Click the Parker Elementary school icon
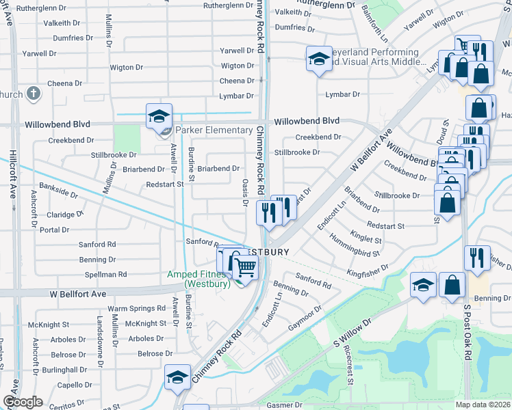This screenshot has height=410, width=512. tap(159, 117)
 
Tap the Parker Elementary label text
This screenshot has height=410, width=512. tap(214, 131)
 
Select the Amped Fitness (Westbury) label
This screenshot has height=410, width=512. tap(199, 279)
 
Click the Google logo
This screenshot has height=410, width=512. tap(23, 402)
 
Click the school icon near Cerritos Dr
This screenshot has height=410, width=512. tap(177, 378)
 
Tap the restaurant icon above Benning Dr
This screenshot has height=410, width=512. tap(477, 258)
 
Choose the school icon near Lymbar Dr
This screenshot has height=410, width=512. tap(318, 59)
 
